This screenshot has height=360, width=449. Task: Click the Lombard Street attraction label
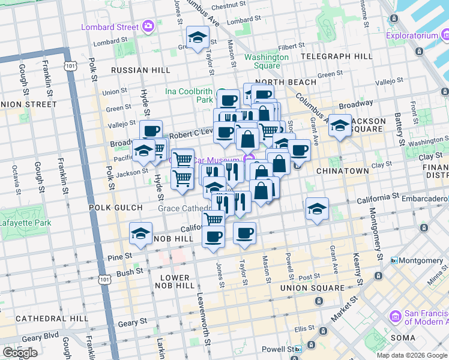coord(110,26)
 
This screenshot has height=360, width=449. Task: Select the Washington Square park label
coord(266,61)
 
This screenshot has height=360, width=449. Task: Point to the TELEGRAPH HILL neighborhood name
coord(336,56)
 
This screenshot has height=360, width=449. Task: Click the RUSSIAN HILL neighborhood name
coord(137,70)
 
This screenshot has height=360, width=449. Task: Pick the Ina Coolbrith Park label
coord(189,95)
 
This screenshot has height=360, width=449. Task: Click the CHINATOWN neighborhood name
coord(360,171)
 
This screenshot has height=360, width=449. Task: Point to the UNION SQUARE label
coord(312,288)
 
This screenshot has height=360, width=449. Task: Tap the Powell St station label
coord(280,349)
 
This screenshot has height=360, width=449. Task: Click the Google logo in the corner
coord(20,353)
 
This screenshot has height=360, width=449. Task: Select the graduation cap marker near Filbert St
coord(197,38)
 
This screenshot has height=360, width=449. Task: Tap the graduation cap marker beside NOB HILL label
coord(140,234)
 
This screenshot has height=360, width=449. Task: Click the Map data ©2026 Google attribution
coord(411,355)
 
